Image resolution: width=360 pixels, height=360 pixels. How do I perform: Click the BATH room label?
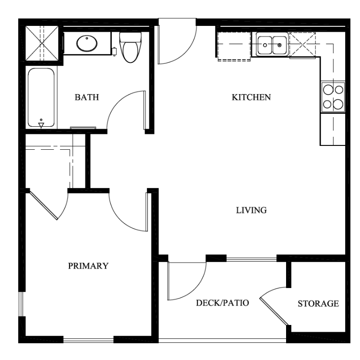pos(87,97)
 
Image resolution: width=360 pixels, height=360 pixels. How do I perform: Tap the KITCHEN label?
pos(251,97)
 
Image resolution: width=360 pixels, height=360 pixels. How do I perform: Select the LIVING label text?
pos(252,210)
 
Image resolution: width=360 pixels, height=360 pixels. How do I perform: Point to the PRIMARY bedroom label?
pos(88,266)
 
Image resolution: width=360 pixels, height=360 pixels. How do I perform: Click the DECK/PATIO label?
pos(222,303)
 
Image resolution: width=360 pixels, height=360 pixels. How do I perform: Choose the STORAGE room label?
pos(318,304)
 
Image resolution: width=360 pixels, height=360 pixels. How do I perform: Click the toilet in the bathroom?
pos(130,48)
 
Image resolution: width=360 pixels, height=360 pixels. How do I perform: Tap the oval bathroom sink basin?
pos(87,43)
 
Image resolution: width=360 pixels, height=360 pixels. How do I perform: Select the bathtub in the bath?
pos(41,97)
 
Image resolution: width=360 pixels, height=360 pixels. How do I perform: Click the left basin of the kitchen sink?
pos(264,45)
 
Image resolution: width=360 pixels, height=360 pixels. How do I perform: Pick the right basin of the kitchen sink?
pos(280,45)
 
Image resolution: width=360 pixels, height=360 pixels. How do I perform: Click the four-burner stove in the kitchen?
pos(333,97)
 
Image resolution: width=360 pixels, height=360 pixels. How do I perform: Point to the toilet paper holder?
pos(114,51)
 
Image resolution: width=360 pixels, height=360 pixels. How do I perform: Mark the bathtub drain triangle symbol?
pos(41,125)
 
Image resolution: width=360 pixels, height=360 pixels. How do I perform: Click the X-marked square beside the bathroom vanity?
pos(42,43)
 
